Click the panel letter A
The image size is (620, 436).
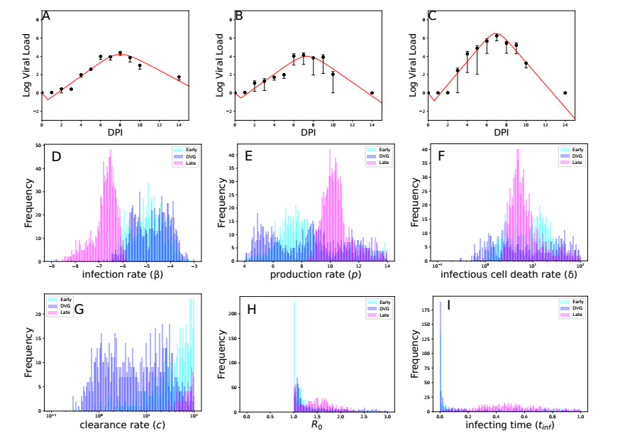click(47, 14)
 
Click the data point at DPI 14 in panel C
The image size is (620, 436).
click(565, 92)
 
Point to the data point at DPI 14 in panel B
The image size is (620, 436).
click(372, 92)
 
